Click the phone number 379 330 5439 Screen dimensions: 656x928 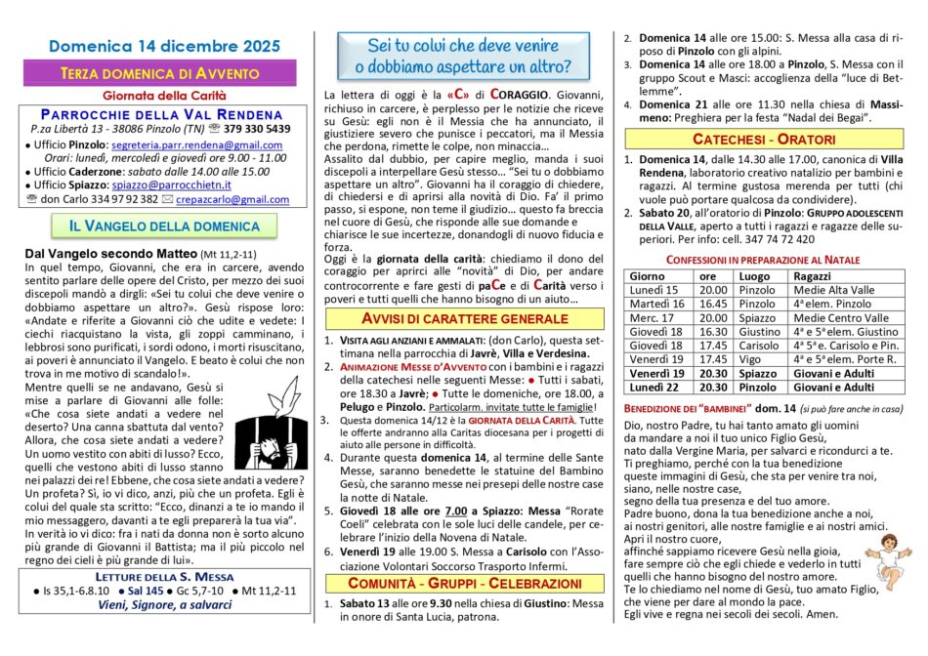click(x=255, y=129)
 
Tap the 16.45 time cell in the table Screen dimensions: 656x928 click(x=713, y=304)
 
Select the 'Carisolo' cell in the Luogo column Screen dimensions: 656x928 click(x=759, y=345)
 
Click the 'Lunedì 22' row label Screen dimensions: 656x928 click(x=654, y=387)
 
